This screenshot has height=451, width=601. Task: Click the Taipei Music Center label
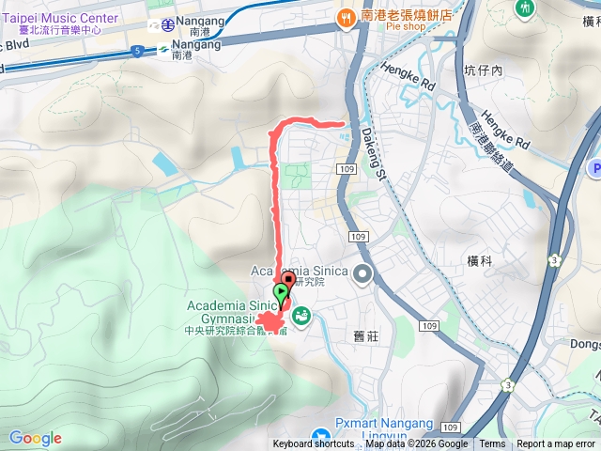pos(61,18)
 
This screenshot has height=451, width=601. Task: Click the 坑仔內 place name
pos(485,70)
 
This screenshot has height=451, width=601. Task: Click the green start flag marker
pos(281,295)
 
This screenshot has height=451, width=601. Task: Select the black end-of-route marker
pos(288,280)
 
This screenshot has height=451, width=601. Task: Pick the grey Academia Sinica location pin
pos(362,274)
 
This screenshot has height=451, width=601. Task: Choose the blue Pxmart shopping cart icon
pos(321,437)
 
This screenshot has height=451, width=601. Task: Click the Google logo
pos(36,438)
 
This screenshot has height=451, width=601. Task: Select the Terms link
pos(492,444)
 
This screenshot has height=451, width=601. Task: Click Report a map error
pos(556,444)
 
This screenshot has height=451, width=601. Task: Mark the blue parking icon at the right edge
pos(595,169)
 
